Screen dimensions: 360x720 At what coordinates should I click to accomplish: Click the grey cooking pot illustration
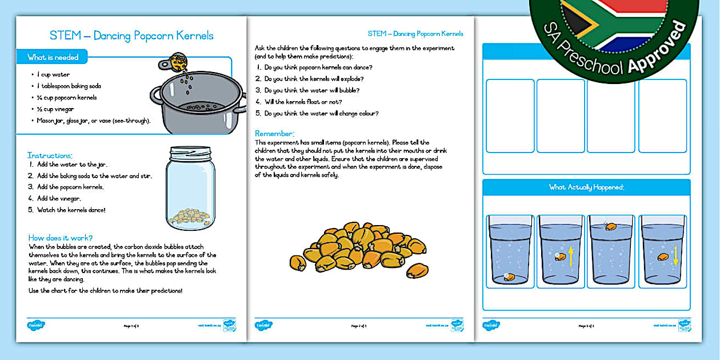tap(198, 103)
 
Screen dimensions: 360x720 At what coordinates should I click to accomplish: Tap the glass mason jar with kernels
tap(190, 189)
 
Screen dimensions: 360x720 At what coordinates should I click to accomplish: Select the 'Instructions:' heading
tap(50, 155)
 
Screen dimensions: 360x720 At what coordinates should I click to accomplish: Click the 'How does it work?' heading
tap(61, 238)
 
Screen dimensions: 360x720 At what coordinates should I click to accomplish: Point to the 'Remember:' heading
tap(274, 133)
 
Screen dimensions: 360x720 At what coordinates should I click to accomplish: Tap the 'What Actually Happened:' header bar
tap(586, 187)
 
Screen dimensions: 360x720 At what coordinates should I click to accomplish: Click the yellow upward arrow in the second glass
tap(571, 255)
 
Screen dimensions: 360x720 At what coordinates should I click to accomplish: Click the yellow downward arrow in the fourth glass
tap(675, 255)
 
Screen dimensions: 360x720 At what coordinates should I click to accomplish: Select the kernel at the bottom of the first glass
tap(509, 277)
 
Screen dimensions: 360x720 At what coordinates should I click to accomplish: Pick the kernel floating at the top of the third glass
tap(611, 226)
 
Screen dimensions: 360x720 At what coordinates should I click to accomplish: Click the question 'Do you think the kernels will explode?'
tap(314, 79)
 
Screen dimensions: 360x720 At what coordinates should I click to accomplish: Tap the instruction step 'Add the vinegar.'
tap(59, 198)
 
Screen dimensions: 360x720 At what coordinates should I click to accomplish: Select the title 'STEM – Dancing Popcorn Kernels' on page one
tap(131, 35)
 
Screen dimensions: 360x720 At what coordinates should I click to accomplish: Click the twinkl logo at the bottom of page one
tap(36, 325)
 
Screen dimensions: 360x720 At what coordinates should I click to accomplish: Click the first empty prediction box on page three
tap(510, 116)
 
